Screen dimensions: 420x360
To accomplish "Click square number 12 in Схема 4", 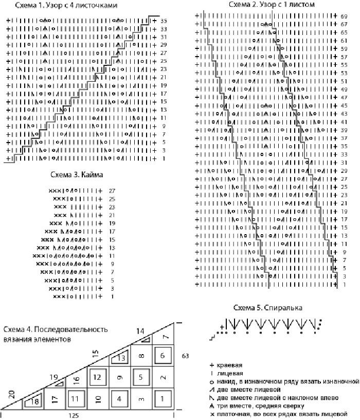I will pos(98,377).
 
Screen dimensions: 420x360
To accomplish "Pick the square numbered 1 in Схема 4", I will pos(163,398).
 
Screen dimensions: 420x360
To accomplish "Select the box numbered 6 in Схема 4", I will pos(163,356).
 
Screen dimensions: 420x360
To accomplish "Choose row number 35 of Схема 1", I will pos(164,21).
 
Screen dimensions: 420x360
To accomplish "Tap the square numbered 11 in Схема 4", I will pos(76,398).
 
